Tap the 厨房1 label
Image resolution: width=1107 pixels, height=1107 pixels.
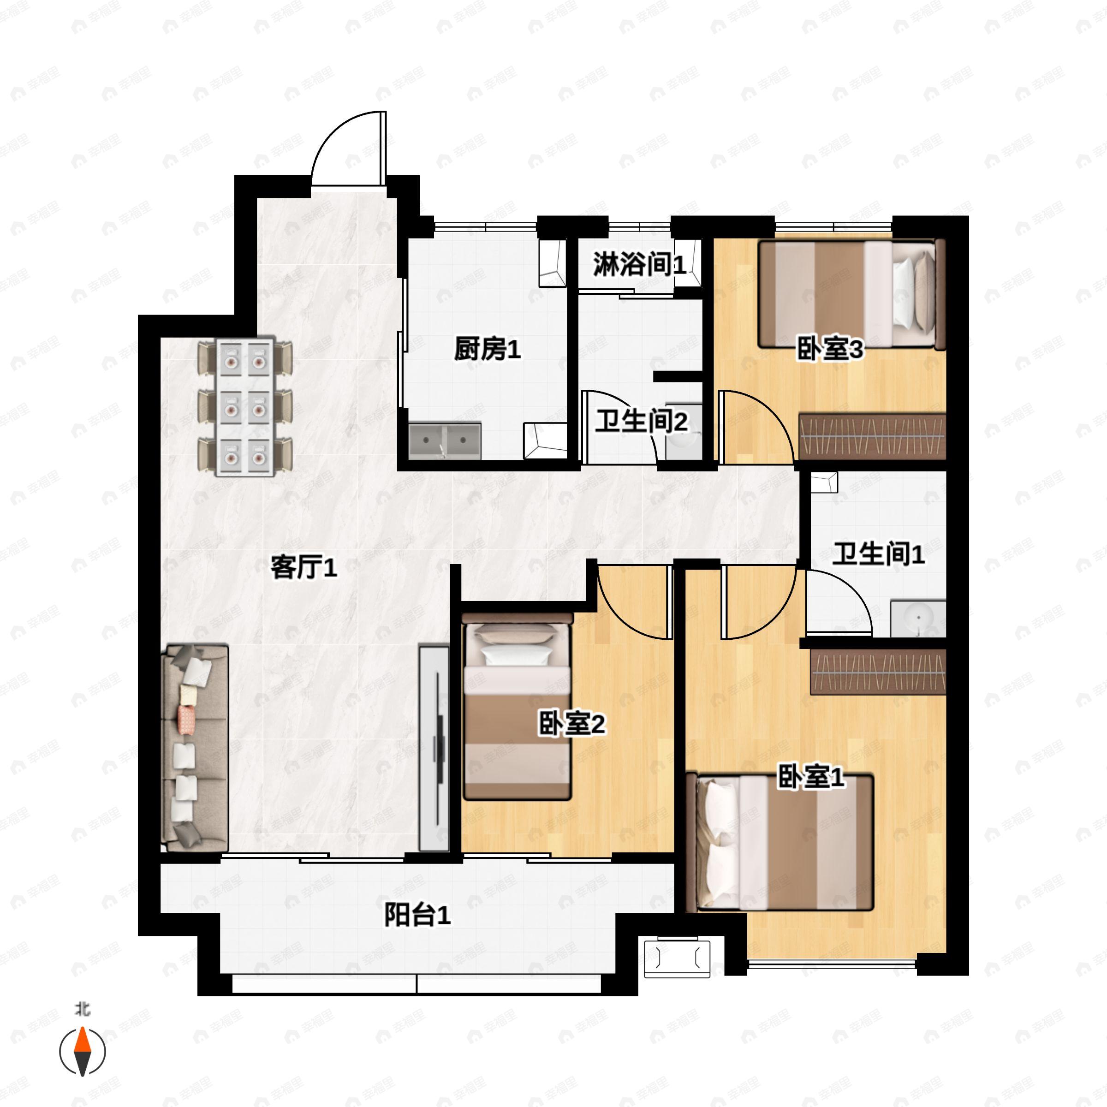click(x=488, y=349)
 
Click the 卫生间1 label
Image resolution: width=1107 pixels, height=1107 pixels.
click(x=878, y=554)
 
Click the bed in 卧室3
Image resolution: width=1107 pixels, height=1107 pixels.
click(x=851, y=295)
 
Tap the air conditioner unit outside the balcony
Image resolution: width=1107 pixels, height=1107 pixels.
click(x=677, y=958)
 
